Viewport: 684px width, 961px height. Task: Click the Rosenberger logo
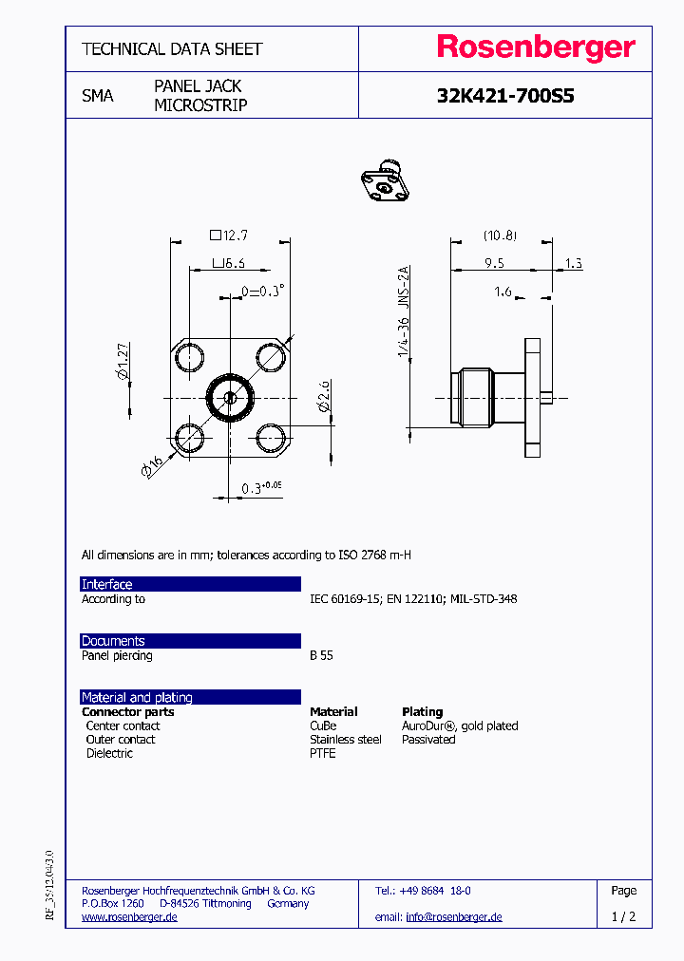(535, 47)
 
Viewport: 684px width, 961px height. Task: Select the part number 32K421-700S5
(505, 96)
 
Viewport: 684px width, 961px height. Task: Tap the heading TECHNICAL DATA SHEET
(172, 48)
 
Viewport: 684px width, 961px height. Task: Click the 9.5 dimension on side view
(493, 263)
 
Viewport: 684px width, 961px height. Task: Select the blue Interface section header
(190, 584)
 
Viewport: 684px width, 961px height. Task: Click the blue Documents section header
(190, 641)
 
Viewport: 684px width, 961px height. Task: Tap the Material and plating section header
(190, 697)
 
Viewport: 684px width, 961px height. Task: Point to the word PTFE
(323, 753)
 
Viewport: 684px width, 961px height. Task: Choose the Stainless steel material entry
(346, 739)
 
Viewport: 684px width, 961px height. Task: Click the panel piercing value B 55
(321, 655)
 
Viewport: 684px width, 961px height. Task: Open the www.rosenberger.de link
(129, 916)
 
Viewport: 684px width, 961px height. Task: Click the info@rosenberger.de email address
(454, 916)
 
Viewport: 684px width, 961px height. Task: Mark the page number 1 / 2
(623, 916)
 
